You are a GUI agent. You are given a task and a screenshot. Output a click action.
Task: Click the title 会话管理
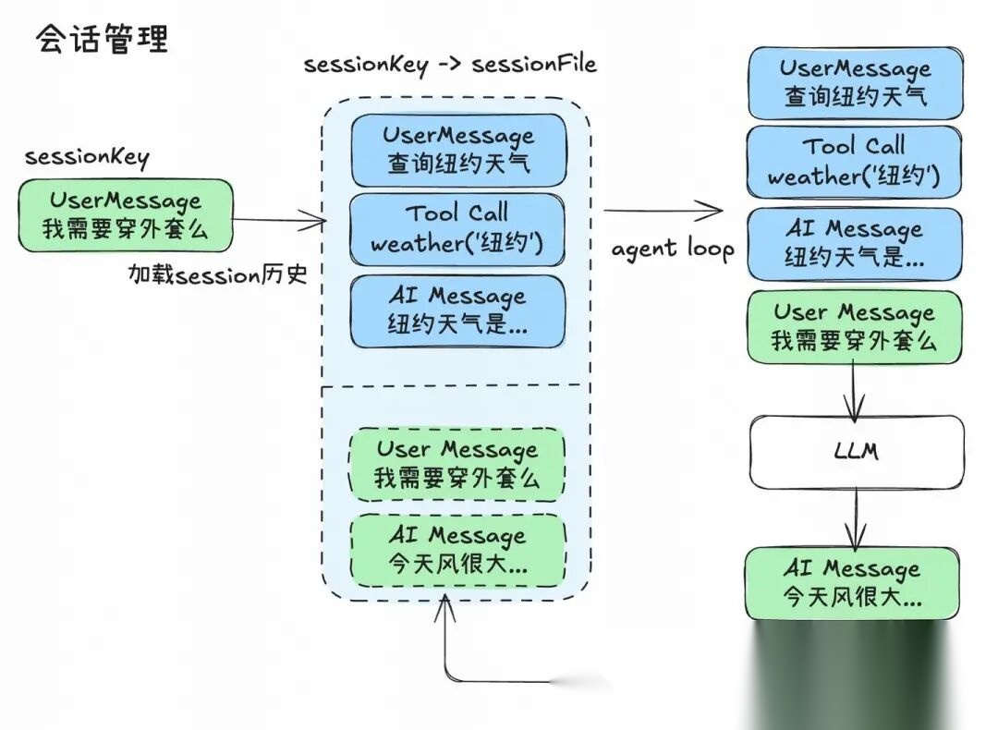(102, 40)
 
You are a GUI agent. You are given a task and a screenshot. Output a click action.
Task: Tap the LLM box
(856, 452)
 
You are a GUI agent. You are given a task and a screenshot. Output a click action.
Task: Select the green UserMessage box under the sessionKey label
(126, 214)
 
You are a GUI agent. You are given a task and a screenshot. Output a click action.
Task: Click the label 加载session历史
(218, 274)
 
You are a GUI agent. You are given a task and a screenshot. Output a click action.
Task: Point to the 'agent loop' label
(673, 249)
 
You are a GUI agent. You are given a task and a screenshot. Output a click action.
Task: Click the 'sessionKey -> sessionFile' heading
(450, 65)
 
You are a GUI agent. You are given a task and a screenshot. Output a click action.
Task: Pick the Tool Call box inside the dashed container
(456, 229)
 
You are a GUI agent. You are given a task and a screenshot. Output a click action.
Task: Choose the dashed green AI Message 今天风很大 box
(457, 550)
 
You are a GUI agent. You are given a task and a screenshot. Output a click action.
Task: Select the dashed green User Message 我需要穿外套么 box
(456, 464)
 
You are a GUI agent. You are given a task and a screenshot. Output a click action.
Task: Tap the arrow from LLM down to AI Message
(856, 517)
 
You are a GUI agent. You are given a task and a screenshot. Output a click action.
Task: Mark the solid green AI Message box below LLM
(852, 583)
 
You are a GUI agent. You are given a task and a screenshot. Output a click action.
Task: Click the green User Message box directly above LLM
(854, 327)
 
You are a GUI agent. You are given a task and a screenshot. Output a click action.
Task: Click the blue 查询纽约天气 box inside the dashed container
(457, 151)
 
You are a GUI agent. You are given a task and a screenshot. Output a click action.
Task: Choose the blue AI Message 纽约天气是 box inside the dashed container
(456, 310)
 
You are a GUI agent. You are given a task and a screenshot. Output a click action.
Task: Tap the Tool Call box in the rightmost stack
(854, 161)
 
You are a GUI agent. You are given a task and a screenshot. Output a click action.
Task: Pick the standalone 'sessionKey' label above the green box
(87, 156)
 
